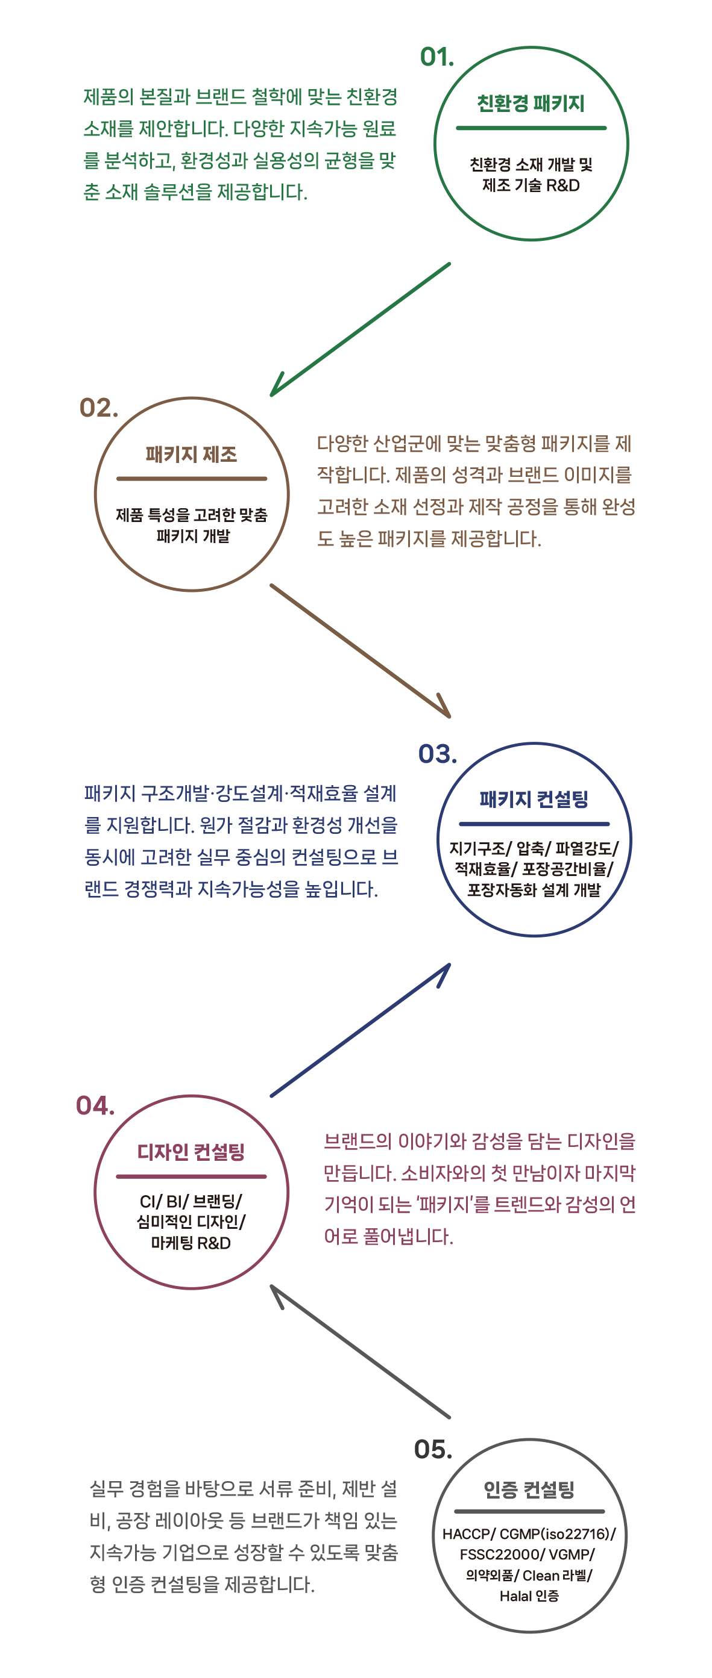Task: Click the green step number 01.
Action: click(437, 58)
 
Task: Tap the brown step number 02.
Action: click(98, 408)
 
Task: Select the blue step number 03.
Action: click(438, 754)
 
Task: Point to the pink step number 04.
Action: click(96, 1105)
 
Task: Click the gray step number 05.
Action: click(433, 1449)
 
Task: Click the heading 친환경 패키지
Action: click(530, 104)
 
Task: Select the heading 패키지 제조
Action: click(191, 454)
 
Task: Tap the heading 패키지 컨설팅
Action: click(534, 800)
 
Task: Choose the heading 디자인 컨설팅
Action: click(191, 1152)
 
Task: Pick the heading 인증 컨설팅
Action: click(529, 1489)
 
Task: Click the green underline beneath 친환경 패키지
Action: click(531, 128)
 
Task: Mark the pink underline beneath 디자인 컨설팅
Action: click(191, 1176)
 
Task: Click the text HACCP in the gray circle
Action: click(466, 1534)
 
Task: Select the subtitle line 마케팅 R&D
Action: click(191, 1243)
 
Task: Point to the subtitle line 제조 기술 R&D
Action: click(531, 185)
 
